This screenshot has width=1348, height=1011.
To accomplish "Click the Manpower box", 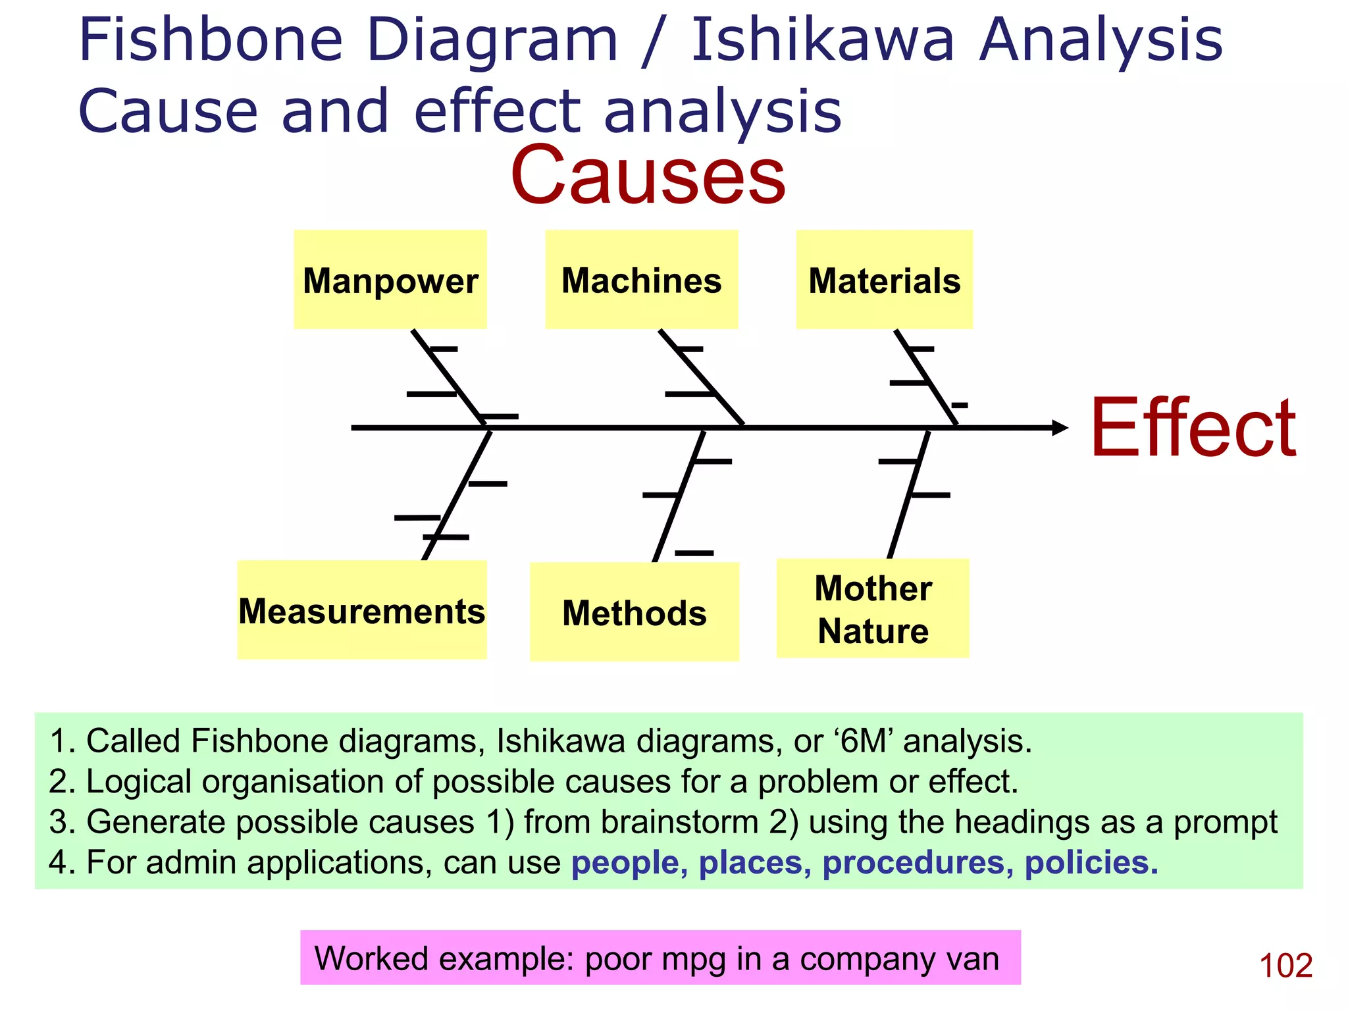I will (390, 280).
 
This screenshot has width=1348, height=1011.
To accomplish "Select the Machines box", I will (641, 280).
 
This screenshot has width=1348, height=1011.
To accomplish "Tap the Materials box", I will (884, 280).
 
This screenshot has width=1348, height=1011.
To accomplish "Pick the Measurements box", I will (361, 610).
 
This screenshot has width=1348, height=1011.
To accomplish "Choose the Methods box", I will (634, 612).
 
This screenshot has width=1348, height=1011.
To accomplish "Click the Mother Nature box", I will (873, 609).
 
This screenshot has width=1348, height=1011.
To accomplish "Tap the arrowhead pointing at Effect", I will (1060, 428).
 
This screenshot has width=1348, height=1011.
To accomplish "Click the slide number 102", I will (1285, 966).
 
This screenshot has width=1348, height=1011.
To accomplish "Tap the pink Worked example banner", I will (660, 958).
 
